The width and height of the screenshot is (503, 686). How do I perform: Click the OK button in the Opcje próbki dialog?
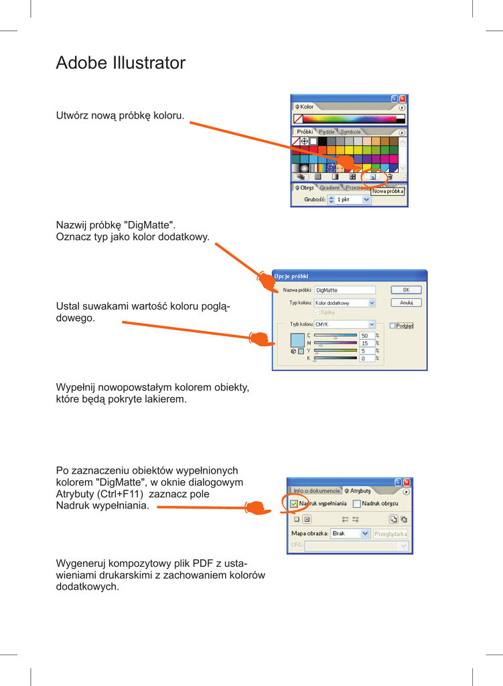point(406,290)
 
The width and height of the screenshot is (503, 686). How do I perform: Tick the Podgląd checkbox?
point(393,326)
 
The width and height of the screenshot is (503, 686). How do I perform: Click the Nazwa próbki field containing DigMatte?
point(344,290)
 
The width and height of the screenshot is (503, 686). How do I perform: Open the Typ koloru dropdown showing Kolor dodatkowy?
point(344,303)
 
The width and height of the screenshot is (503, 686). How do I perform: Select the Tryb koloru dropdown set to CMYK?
point(344,324)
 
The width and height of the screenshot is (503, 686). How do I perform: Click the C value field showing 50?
point(366,336)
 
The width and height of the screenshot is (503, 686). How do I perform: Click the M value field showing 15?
point(366,343)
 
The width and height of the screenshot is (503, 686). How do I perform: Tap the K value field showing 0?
point(366,358)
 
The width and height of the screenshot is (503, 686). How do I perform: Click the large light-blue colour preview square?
point(297,340)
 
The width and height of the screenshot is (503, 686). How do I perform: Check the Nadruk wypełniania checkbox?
point(295,503)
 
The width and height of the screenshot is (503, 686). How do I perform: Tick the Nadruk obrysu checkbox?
point(357,503)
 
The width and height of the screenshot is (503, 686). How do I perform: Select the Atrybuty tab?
point(358,491)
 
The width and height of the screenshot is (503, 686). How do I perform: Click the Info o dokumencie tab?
point(316,491)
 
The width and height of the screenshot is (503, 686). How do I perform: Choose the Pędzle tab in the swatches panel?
point(327,132)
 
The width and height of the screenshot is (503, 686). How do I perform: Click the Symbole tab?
point(350,132)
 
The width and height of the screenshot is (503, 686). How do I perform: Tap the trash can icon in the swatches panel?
point(390,177)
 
